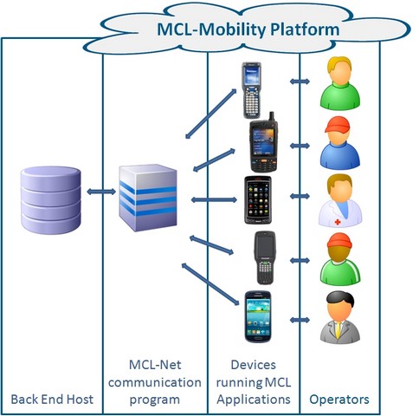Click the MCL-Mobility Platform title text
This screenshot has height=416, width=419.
point(248,29)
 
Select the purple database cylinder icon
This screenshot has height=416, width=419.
point(51,200)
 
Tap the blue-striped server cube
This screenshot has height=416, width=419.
point(148,198)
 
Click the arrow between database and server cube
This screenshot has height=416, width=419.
point(101,192)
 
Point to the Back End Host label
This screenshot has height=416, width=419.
point(52,400)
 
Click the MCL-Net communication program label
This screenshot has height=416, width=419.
point(155,382)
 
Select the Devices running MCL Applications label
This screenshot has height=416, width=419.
point(254,382)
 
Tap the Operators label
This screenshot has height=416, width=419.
point(339,400)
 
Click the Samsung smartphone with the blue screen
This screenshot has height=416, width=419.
point(258,316)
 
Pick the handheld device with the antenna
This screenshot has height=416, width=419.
point(264,142)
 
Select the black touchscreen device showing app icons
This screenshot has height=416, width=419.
point(258,200)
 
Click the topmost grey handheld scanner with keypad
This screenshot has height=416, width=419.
point(251,90)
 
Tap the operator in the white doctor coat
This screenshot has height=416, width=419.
point(340,200)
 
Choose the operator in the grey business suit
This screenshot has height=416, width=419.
point(340,317)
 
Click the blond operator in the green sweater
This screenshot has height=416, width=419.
point(340,83)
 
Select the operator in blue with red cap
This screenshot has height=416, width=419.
point(340,143)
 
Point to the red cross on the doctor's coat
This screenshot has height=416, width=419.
point(338,222)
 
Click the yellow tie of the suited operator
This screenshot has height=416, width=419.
point(338,330)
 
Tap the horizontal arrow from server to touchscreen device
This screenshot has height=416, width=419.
point(214,199)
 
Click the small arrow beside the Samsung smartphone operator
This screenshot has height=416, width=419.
point(300,320)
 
